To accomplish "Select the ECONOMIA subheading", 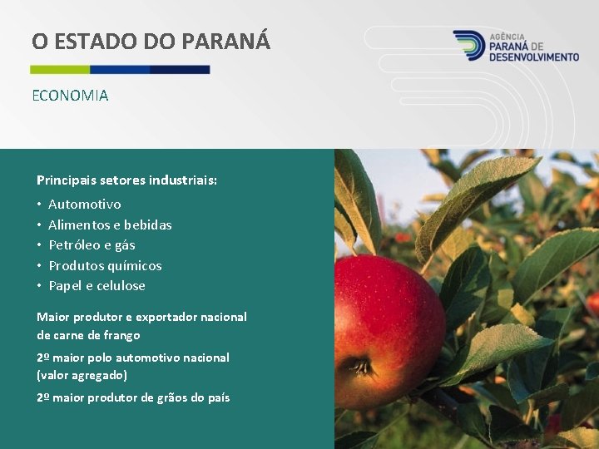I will tap(70, 96).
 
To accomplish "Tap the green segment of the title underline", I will tap(60, 70).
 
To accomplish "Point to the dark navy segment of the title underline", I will tap(180, 70).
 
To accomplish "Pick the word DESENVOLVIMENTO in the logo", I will tap(534, 57).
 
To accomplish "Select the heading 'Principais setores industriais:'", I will tap(126, 180).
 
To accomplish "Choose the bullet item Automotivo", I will tap(85, 204).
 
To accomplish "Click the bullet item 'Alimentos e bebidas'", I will tap(110, 224).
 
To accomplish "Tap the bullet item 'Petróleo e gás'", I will tap(92, 244).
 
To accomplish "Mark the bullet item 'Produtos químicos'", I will tap(105, 265).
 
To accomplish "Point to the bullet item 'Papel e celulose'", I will tap(97, 285).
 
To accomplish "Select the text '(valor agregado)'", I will tap(82, 375).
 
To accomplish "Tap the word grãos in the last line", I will tap(171, 397).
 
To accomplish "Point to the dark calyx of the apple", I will tap(361, 365).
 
